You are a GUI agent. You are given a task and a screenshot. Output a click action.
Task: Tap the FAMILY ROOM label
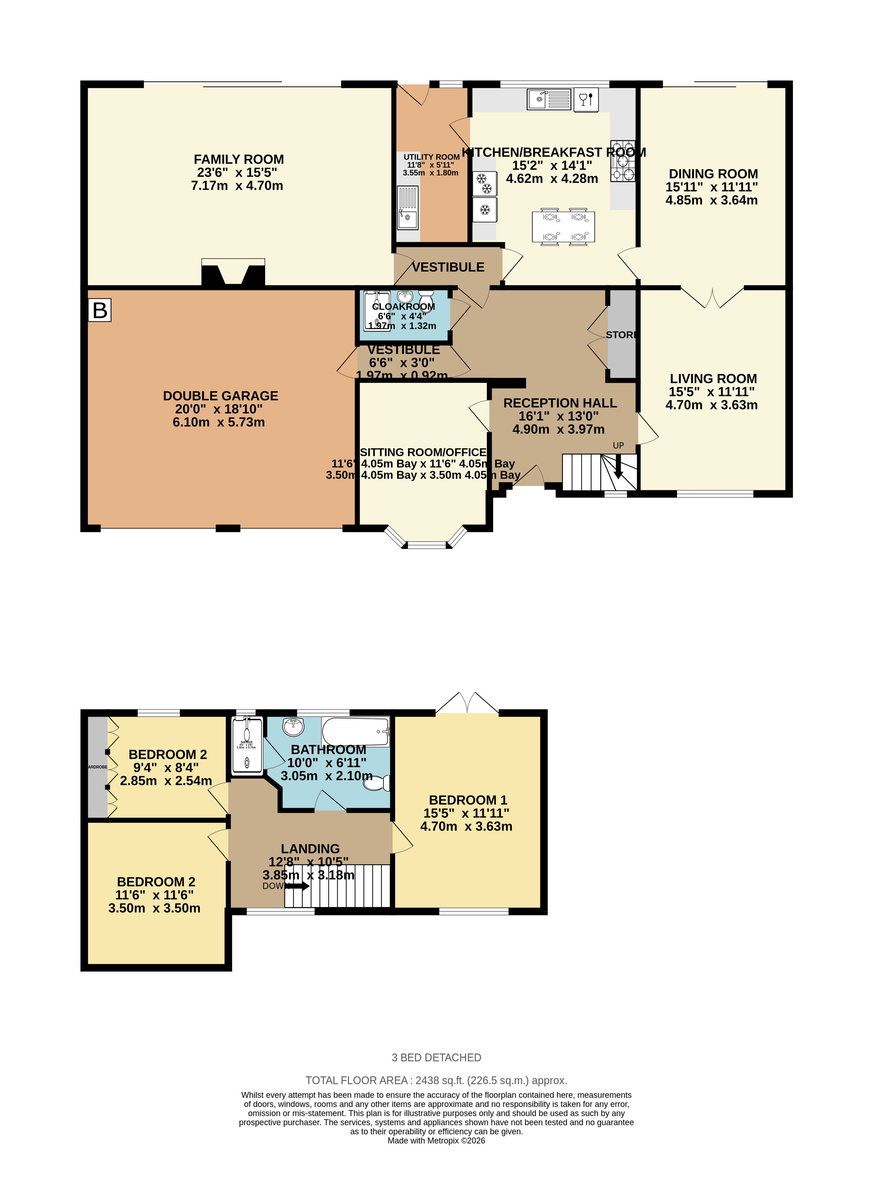click(239, 159)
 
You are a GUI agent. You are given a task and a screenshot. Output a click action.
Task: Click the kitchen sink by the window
click(549, 99)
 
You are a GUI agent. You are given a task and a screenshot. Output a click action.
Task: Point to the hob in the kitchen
click(622, 161)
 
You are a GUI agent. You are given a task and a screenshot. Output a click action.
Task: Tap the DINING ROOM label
click(713, 174)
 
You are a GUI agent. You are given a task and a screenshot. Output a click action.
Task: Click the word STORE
click(621, 335)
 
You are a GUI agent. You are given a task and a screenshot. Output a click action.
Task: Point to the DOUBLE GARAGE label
click(220, 396)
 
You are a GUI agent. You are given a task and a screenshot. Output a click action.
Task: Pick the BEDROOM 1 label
click(467, 800)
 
